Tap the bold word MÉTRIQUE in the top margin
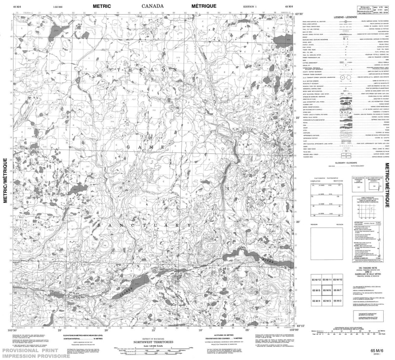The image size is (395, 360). pyautogui.click(x=204, y=6)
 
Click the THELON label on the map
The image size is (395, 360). pyautogui.click(x=148, y=70)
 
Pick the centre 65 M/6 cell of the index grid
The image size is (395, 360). pyautogui.click(x=327, y=290)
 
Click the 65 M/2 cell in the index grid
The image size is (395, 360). pyautogui.click(x=338, y=301)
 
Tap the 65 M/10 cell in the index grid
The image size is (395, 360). pyautogui.click(x=338, y=280)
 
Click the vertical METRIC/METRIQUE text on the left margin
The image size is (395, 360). pyautogui.click(x=6, y=180)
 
